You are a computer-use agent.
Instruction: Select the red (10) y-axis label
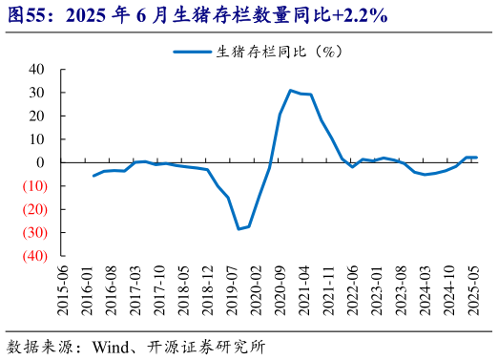tap(34, 186)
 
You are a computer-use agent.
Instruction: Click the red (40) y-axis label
tap(34, 256)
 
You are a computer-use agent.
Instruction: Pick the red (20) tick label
tap(34, 209)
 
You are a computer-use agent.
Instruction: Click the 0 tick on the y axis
tap(43, 139)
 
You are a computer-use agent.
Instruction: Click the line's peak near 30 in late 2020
tap(290, 91)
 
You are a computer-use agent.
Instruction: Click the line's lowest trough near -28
tap(239, 229)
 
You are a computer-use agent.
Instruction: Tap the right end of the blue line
tap(476, 158)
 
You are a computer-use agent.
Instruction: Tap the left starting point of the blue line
tap(93, 176)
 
